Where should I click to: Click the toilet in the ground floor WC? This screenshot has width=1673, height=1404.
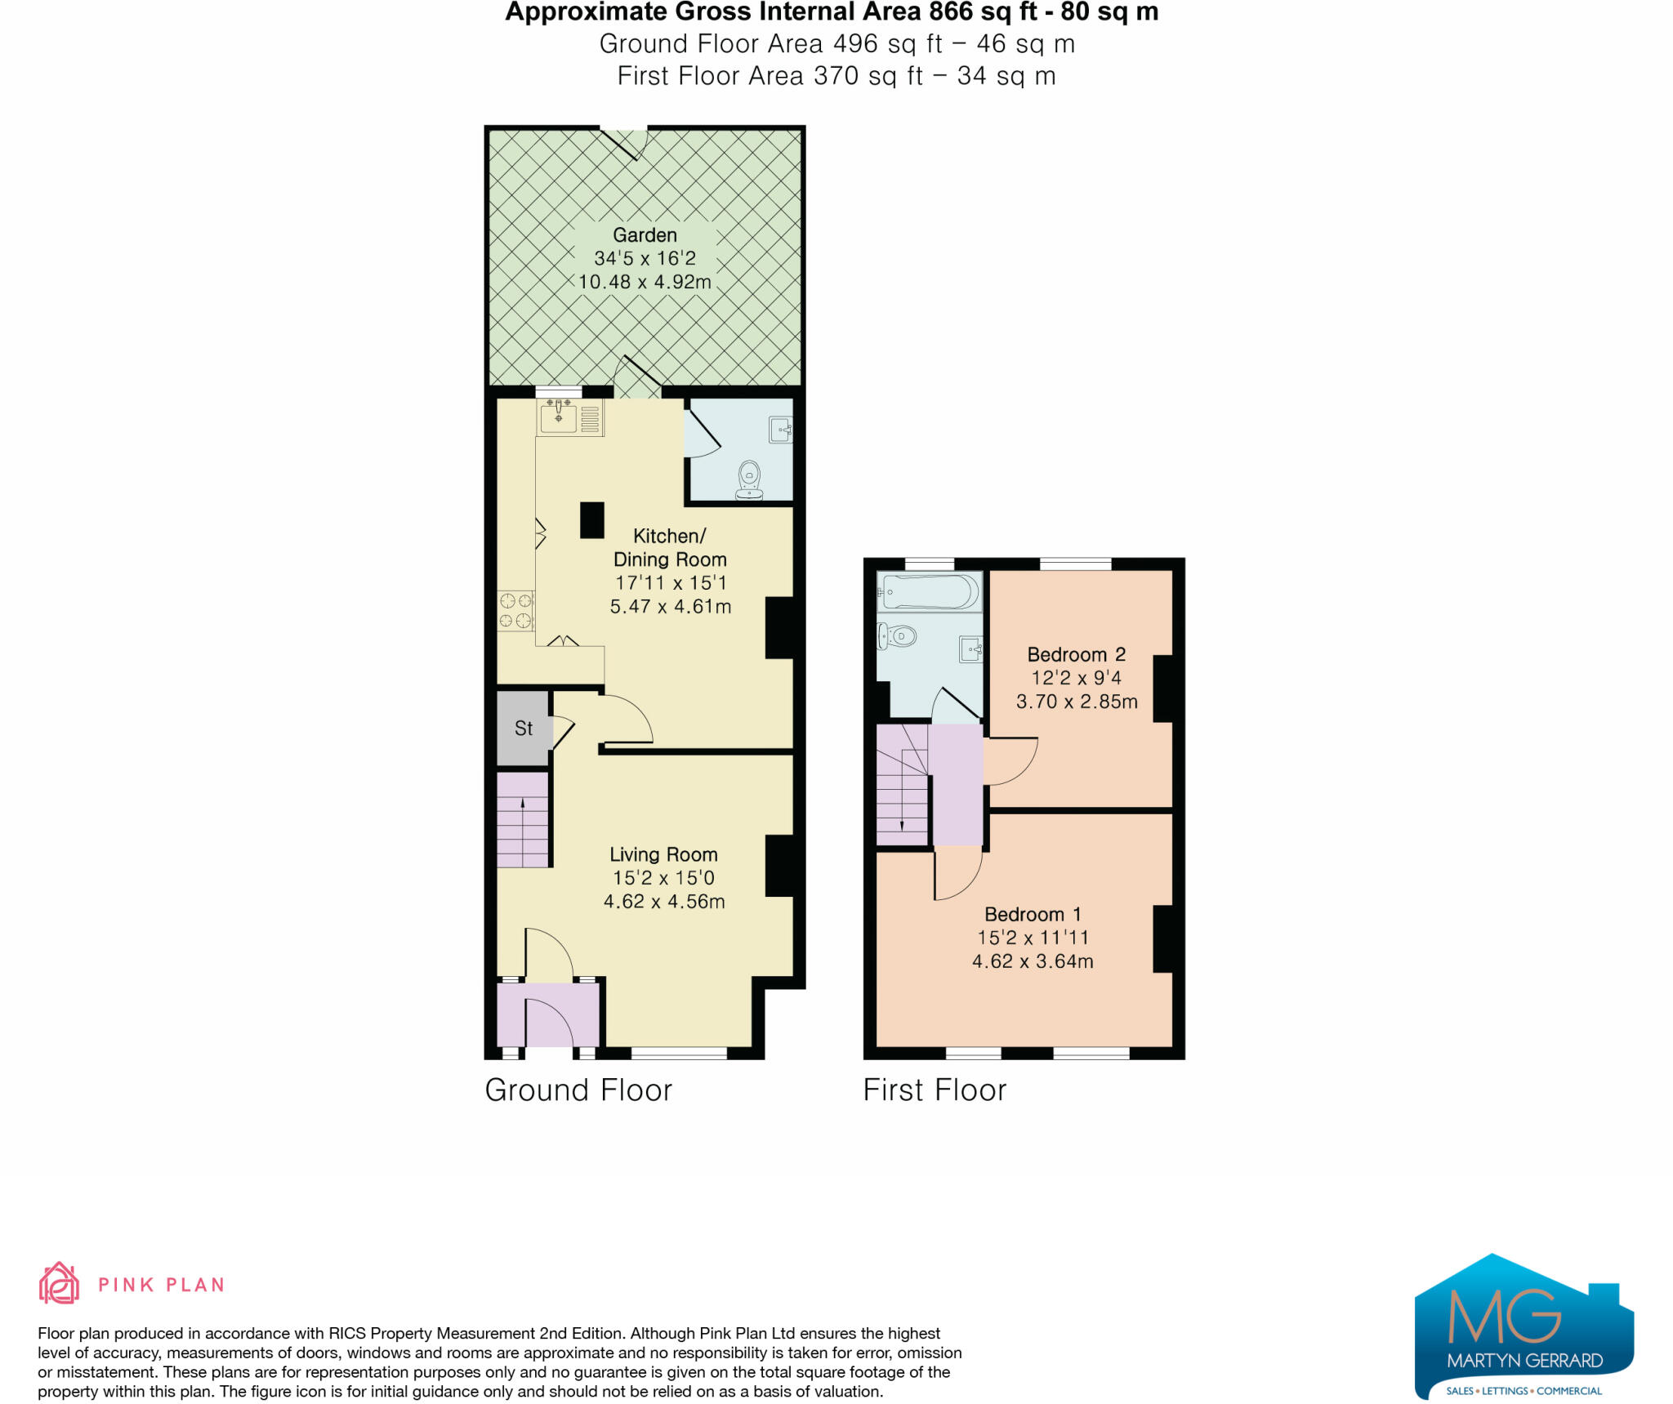[749, 479]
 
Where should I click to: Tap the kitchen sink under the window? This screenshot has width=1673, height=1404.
[560, 417]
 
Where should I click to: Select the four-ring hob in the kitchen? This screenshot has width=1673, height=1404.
[515, 611]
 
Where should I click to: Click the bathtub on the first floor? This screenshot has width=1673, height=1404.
[930, 591]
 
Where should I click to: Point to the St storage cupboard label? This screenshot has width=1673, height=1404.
[524, 729]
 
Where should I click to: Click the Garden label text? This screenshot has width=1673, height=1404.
[645, 235]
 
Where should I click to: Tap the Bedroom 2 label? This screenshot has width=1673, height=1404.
[1076, 654]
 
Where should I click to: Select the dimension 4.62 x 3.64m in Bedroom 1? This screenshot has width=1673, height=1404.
[1033, 961]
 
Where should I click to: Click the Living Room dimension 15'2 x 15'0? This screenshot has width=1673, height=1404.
[663, 878]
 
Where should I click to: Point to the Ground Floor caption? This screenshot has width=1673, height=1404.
[578, 1090]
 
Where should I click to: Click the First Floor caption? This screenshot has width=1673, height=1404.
[935, 1090]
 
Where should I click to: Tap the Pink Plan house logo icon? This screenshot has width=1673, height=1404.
[59, 1283]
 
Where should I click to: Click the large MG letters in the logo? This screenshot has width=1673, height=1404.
[1505, 1316]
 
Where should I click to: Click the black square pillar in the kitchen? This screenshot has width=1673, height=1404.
[592, 520]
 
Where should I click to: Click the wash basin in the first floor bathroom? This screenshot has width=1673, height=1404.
[971, 649]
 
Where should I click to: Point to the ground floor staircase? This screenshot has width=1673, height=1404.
[523, 820]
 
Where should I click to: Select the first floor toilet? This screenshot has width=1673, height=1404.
[896, 635]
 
